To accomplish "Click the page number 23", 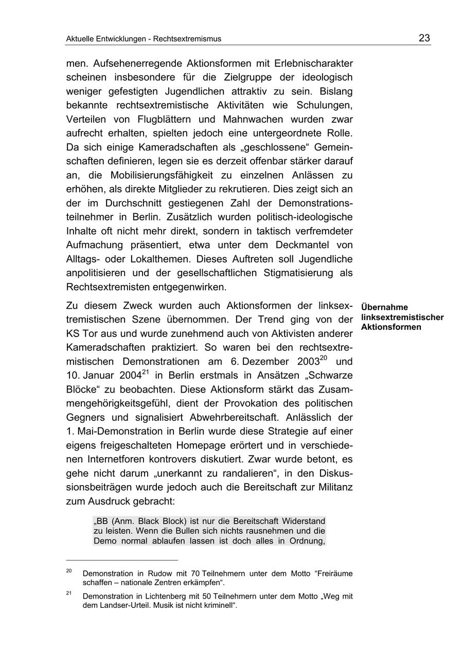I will (x=424, y=38).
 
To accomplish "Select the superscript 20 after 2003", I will (x=324, y=358).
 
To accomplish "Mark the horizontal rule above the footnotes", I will (x=122, y=560).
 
